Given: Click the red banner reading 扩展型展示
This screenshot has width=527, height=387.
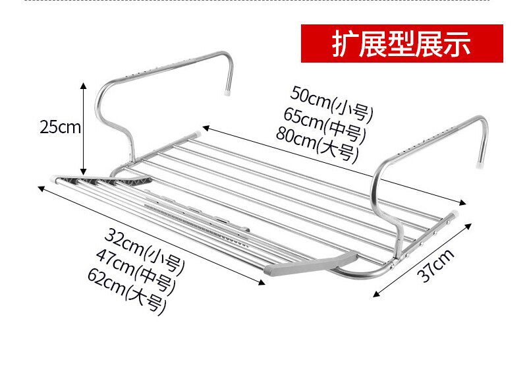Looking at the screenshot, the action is [402, 44].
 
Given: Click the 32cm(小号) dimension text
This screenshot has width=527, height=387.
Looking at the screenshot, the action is [145, 244].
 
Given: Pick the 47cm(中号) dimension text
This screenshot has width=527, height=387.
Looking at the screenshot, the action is [136, 266].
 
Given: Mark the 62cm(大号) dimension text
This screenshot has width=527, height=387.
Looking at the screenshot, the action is [126, 287].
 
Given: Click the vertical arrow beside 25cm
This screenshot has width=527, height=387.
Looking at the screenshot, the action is [84, 127].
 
